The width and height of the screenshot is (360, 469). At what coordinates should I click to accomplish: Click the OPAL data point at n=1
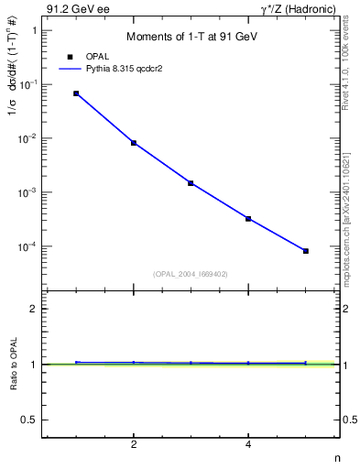[76, 93]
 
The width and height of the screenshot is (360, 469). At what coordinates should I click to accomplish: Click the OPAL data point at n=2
[134, 143]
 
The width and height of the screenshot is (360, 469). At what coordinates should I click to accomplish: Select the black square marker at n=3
[191, 183]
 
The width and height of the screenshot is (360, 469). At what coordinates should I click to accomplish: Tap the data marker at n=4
[248, 219]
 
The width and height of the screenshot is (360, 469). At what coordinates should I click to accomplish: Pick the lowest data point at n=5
[306, 251]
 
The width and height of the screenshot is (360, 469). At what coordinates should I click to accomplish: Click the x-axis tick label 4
[248, 445]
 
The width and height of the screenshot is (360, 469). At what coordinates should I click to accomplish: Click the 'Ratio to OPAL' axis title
[13, 364]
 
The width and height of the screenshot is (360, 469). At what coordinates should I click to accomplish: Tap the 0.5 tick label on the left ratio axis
[28, 420]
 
